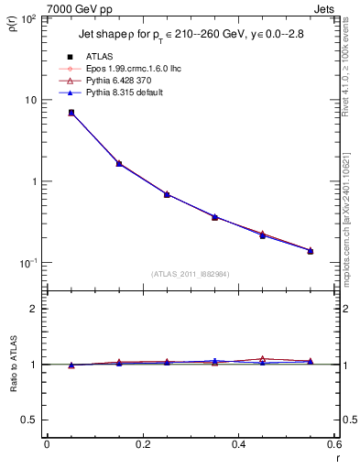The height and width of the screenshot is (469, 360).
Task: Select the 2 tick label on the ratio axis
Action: tap(34, 309)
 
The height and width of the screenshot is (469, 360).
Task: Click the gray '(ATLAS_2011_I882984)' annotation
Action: tap(191, 274)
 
